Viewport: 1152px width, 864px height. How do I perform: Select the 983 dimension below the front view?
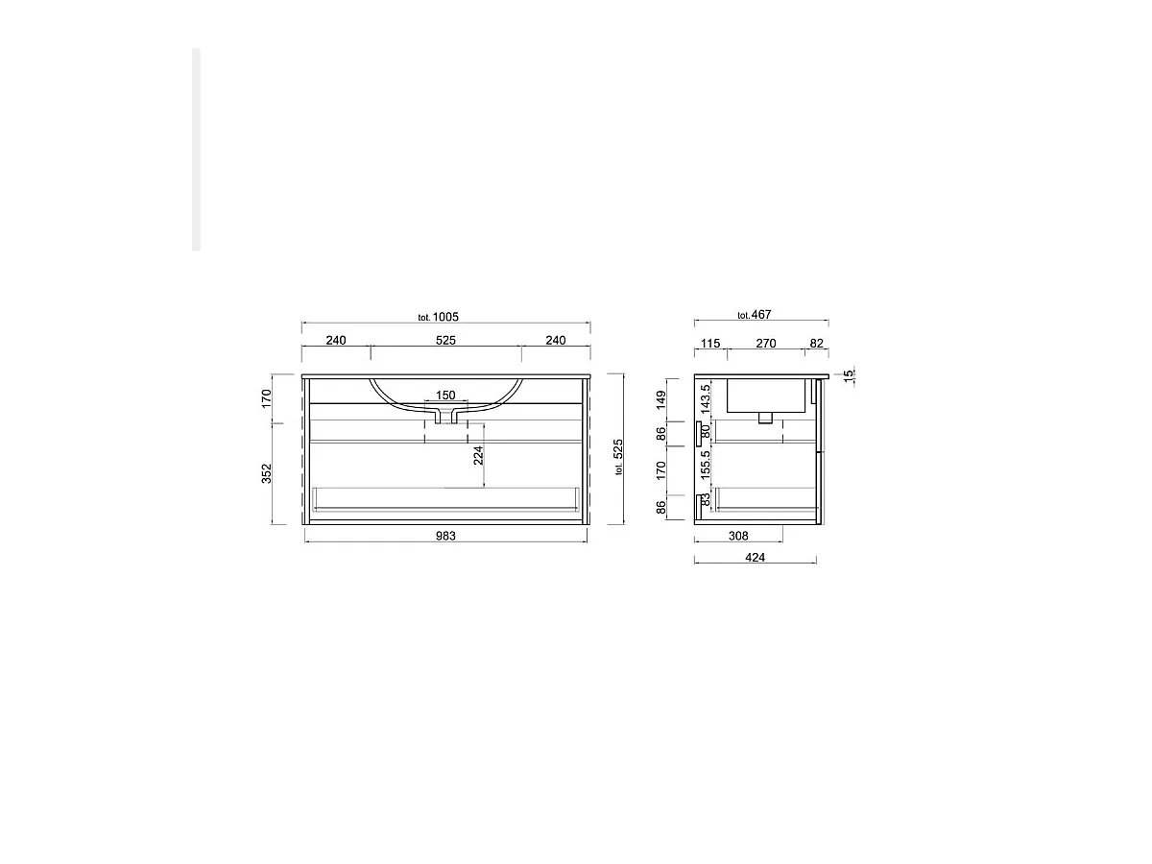click(x=445, y=536)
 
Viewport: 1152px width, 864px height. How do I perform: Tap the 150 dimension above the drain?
click(x=445, y=396)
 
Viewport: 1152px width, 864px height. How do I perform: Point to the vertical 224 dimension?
click(x=477, y=455)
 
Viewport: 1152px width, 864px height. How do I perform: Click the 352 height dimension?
click(x=267, y=473)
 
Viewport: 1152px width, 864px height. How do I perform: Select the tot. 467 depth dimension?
click(x=755, y=315)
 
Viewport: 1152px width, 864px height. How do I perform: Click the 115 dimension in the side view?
click(x=710, y=343)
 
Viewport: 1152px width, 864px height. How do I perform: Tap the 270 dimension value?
click(x=765, y=343)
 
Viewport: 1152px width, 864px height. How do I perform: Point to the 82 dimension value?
click(x=816, y=343)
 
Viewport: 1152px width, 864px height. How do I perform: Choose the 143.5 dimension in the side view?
click(x=706, y=398)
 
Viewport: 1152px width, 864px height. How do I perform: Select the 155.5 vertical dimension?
click(x=706, y=466)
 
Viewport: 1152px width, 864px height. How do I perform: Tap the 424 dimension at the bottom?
click(x=755, y=558)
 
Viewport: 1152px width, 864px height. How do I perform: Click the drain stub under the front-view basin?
click(x=445, y=417)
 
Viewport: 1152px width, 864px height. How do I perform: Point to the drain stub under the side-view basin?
click(x=765, y=417)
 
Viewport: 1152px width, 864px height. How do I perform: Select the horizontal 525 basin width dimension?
click(x=445, y=340)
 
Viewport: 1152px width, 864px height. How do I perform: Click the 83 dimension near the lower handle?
click(x=706, y=499)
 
